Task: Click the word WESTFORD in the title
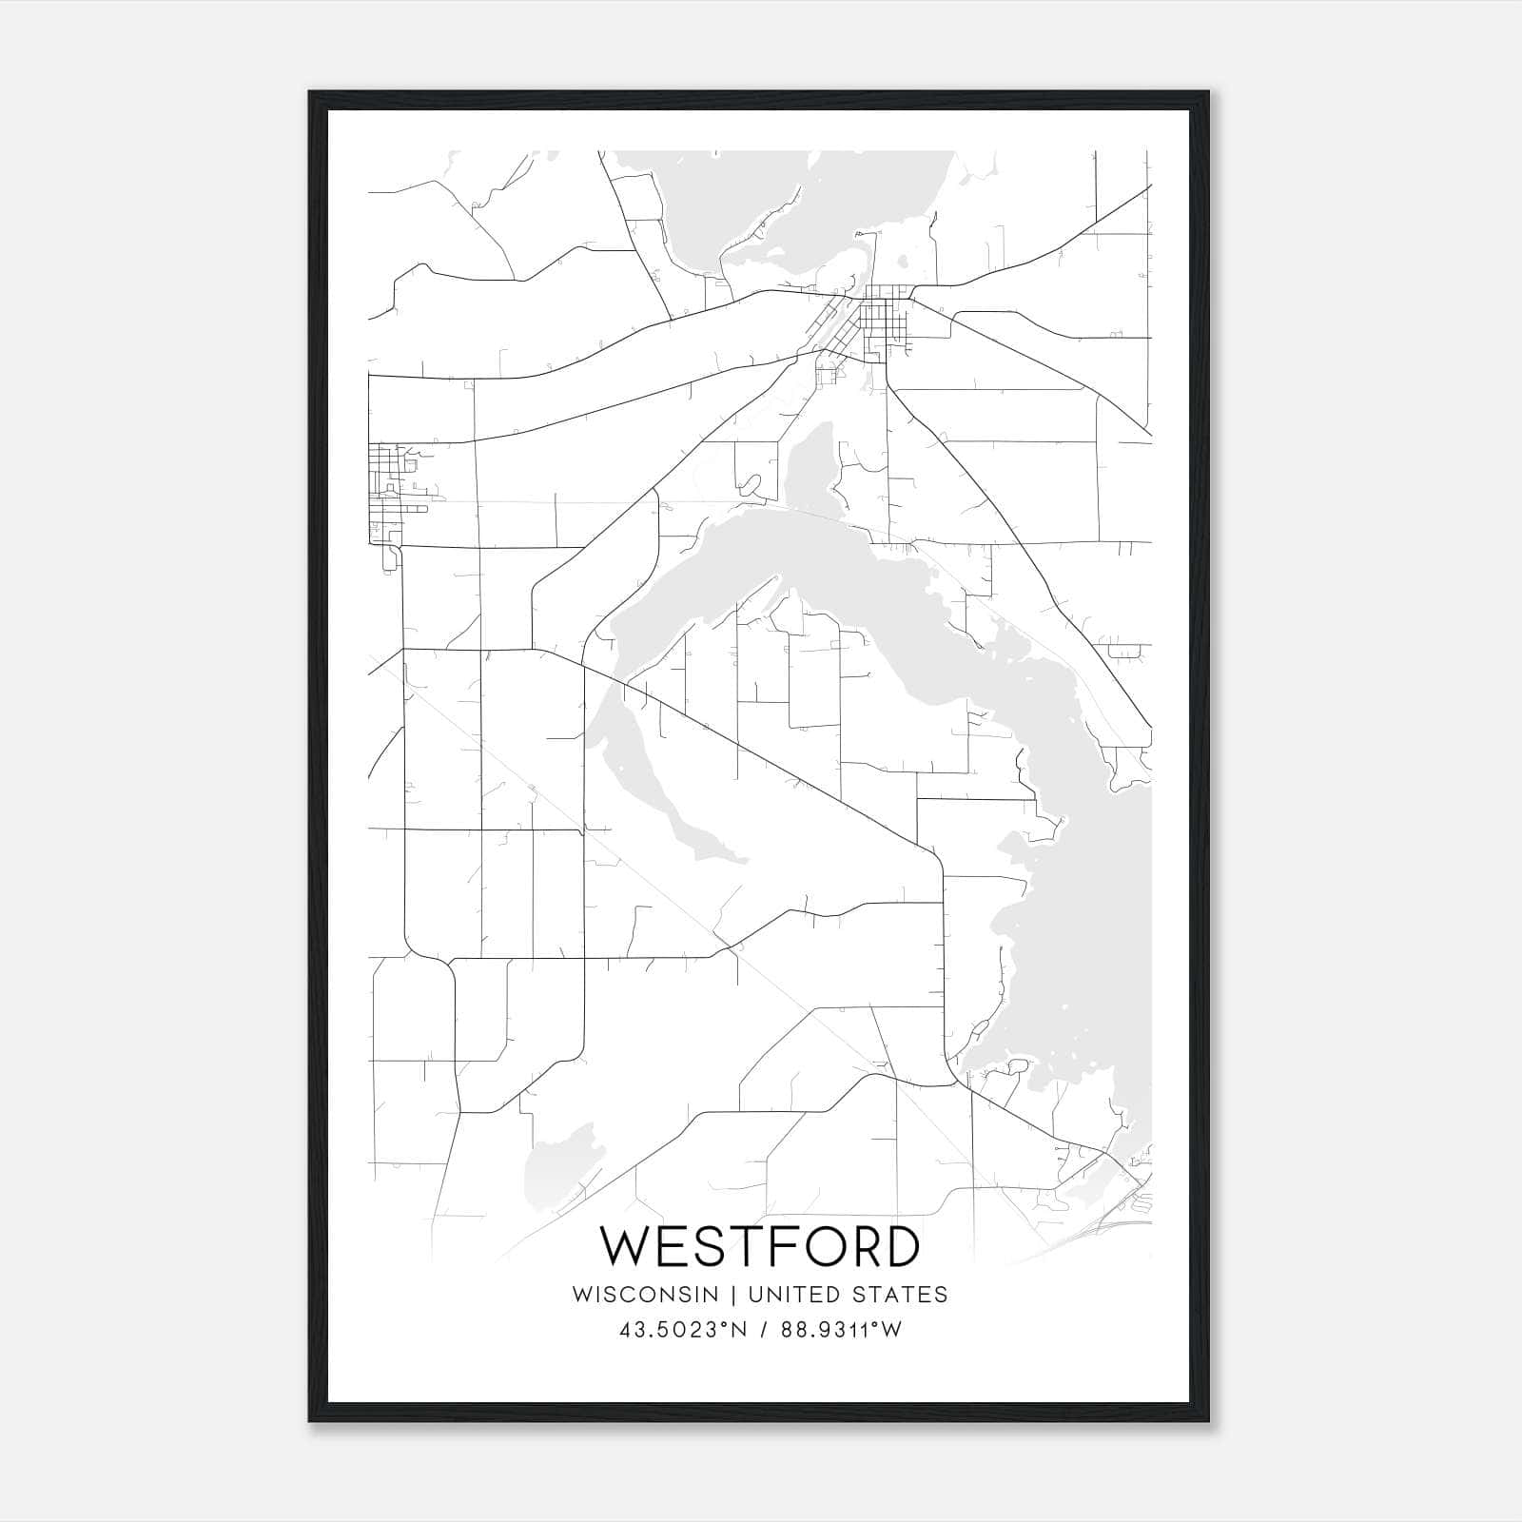tap(760, 1246)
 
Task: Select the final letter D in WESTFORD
tap(900, 1246)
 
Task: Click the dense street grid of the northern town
tap(880, 323)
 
